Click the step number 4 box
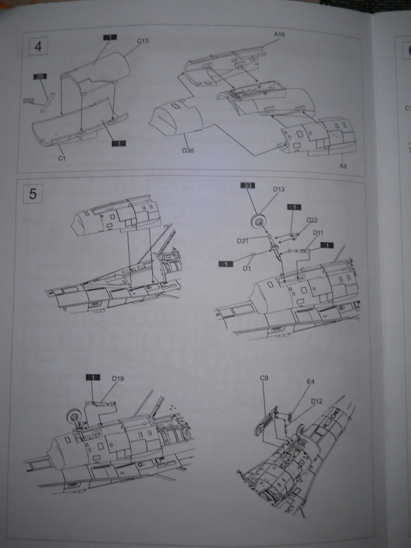pyautogui.click(x=38, y=47)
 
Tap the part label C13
pyautogui.click(x=143, y=41)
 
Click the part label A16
pyautogui.click(x=280, y=36)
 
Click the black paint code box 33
pyautogui.click(x=248, y=184)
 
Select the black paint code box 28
pyautogui.click(x=40, y=77)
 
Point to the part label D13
pyautogui.click(x=279, y=189)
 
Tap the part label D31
pyautogui.click(x=242, y=241)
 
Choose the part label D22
pyautogui.click(x=312, y=219)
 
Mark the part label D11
pyautogui.click(x=318, y=233)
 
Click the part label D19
pyautogui.click(x=118, y=379)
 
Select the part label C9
pyautogui.click(x=264, y=378)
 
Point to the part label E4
pyautogui.click(x=310, y=382)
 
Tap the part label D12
pyautogui.click(x=317, y=401)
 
